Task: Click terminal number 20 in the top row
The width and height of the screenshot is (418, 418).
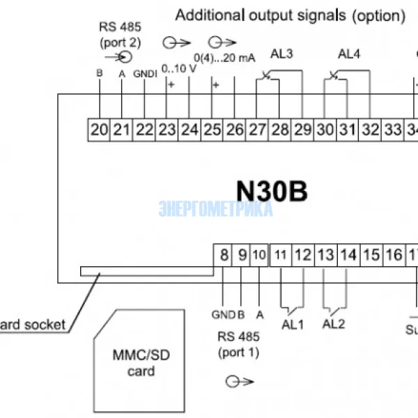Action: click(x=99, y=130)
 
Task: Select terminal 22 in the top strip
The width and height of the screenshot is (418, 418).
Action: click(x=144, y=130)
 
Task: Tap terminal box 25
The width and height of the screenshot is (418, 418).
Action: click(x=212, y=130)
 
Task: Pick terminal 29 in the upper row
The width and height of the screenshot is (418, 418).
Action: click(x=302, y=130)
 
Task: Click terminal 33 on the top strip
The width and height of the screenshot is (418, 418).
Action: click(x=393, y=130)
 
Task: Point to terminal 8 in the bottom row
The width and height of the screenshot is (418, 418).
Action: click(x=224, y=254)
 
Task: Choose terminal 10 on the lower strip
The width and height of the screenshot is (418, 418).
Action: click(x=258, y=254)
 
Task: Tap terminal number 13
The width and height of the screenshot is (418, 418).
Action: click(x=325, y=254)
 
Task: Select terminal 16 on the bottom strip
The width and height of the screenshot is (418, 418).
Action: click(x=394, y=254)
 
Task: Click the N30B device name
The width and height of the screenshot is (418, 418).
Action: click(x=272, y=190)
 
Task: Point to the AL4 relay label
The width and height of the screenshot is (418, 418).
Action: click(x=349, y=54)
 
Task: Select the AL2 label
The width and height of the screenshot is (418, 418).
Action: click(x=335, y=325)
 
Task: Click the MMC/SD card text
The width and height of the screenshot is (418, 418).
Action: click(x=141, y=363)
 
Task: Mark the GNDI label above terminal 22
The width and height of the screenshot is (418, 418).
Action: click(x=145, y=73)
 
